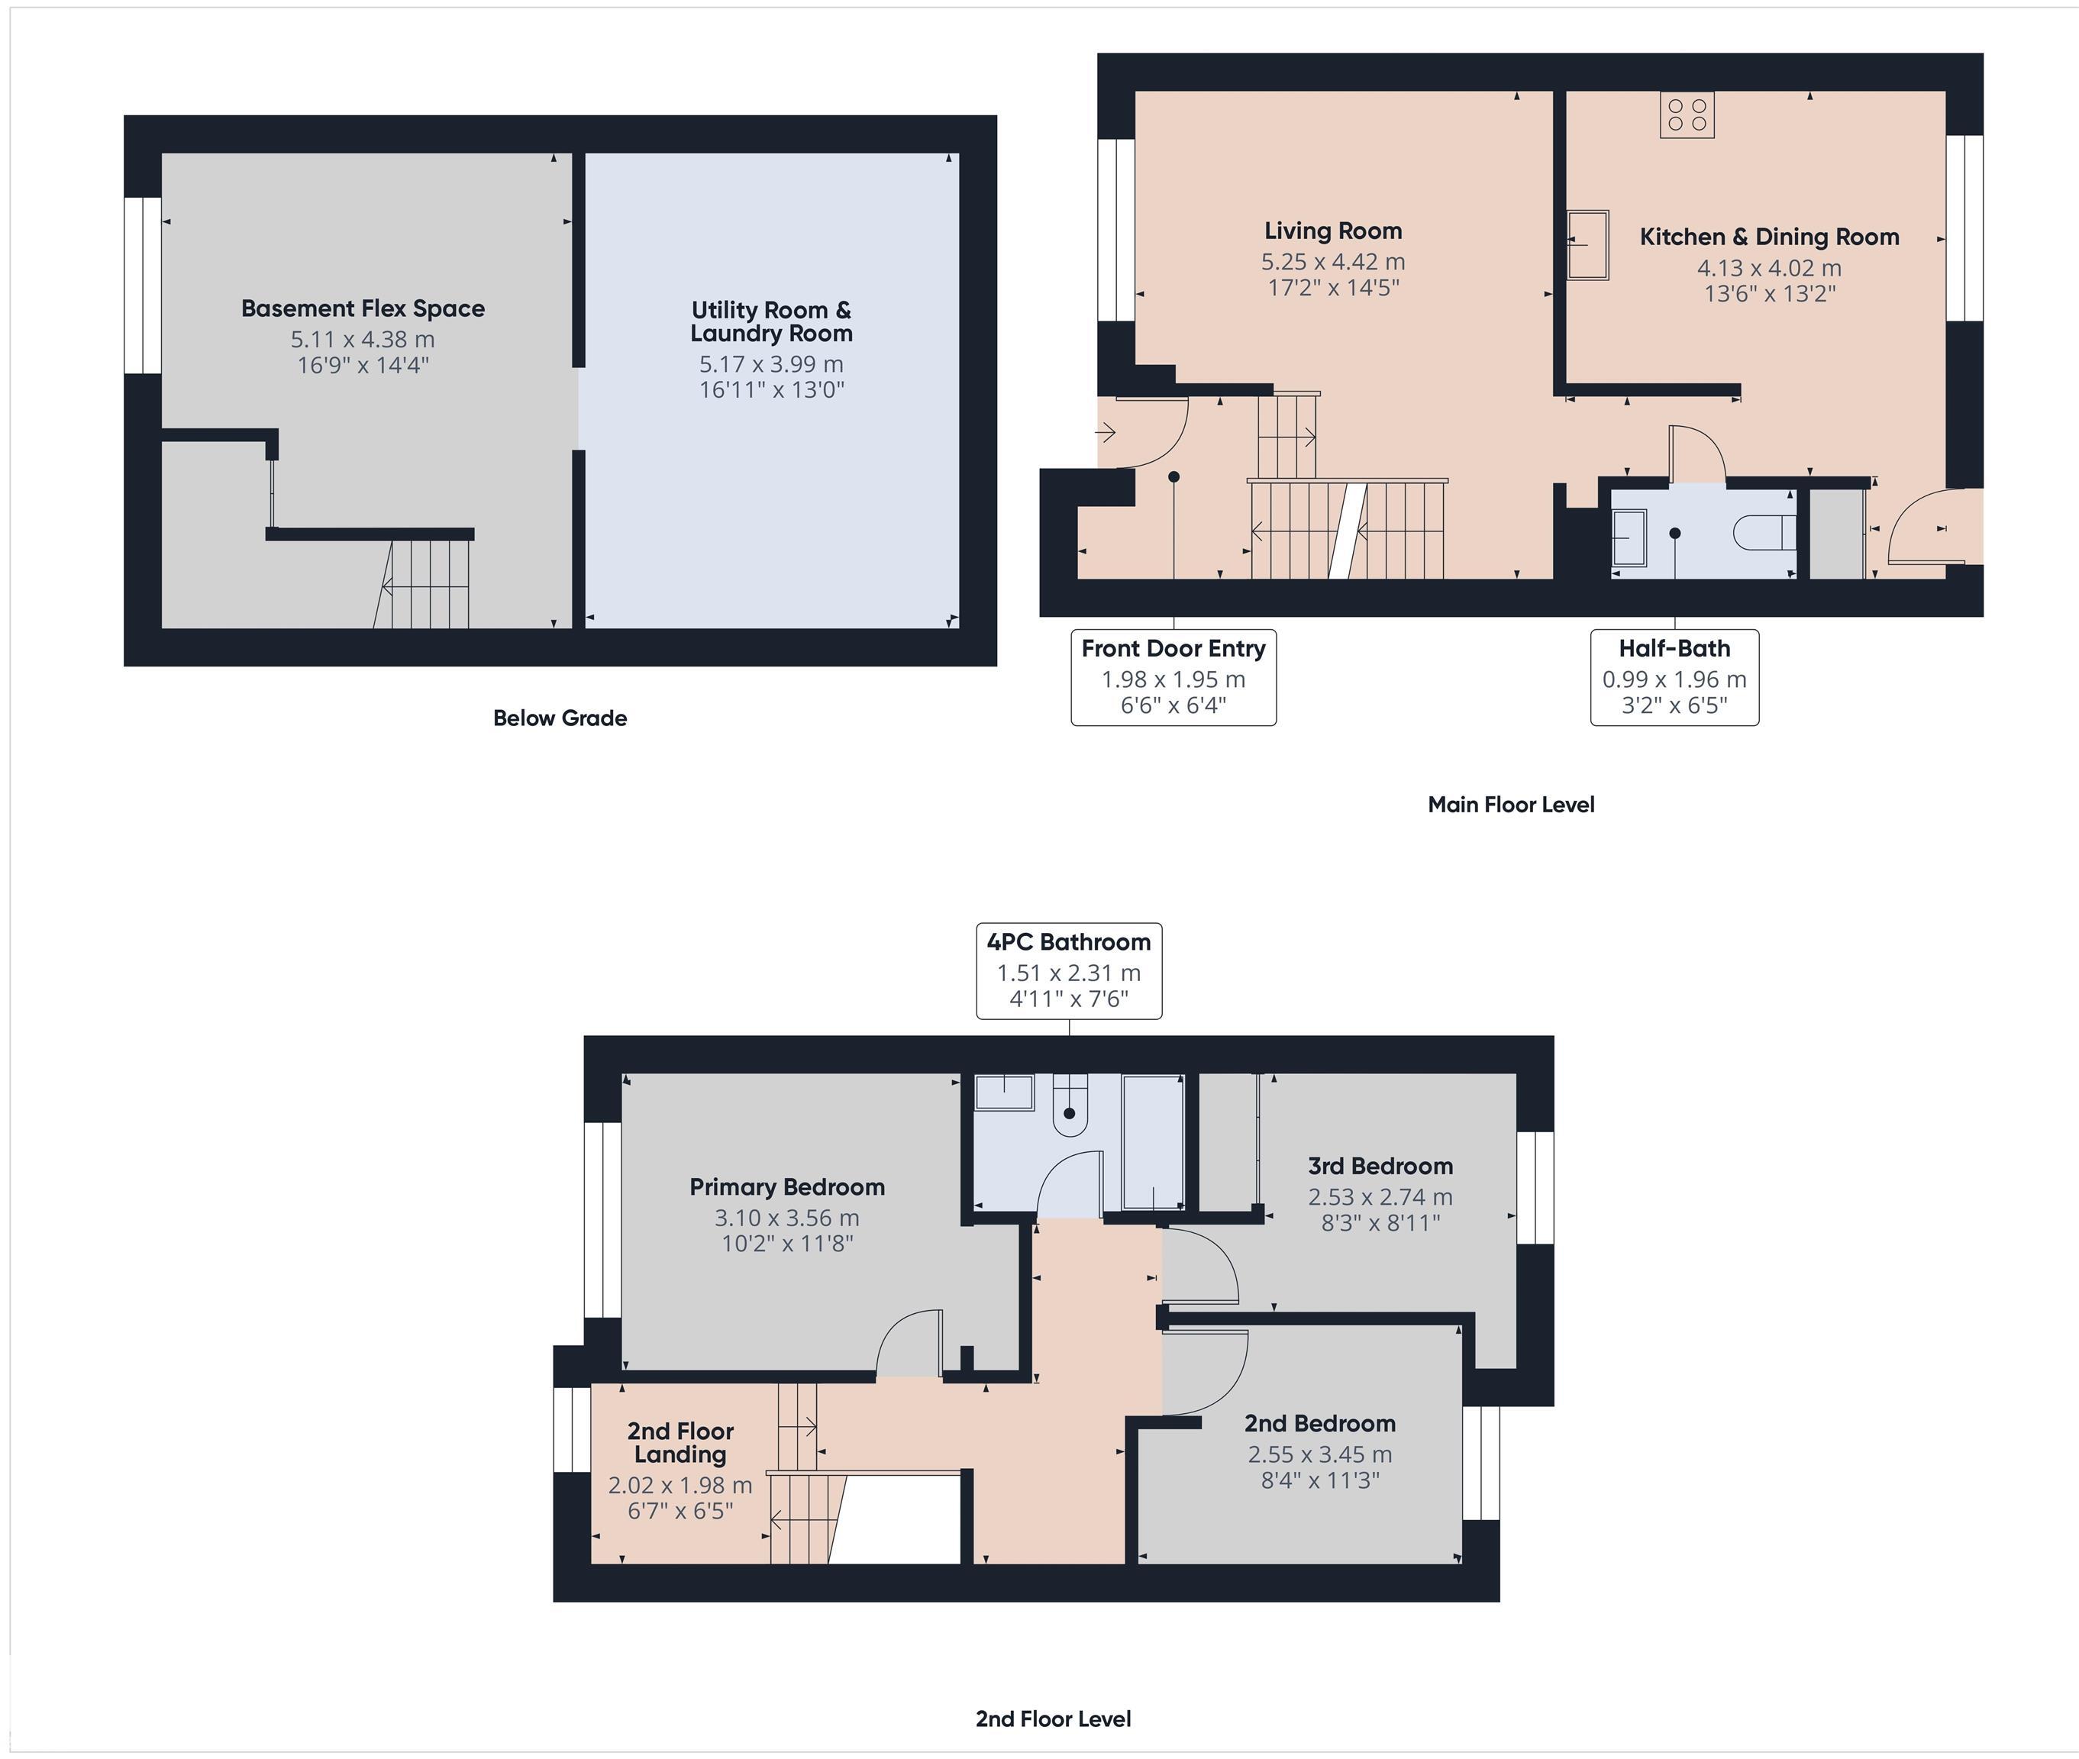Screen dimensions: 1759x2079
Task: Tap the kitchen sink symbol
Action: pos(1587,244)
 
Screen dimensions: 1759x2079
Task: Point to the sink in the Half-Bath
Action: pos(1629,537)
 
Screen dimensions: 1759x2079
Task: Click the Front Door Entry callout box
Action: pos(1173,677)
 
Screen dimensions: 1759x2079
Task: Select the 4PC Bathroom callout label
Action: pos(1068,970)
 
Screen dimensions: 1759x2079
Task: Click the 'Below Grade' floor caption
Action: pos(560,718)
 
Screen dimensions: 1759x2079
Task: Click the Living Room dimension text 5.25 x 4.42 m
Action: pos(1332,263)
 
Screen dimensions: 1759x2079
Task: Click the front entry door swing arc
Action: pos(1157,434)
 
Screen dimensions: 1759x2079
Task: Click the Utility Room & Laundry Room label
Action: pos(771,321)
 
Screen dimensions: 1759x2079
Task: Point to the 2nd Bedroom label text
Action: pos(1319,1423)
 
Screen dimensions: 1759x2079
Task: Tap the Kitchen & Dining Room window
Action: pos(1964,228)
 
